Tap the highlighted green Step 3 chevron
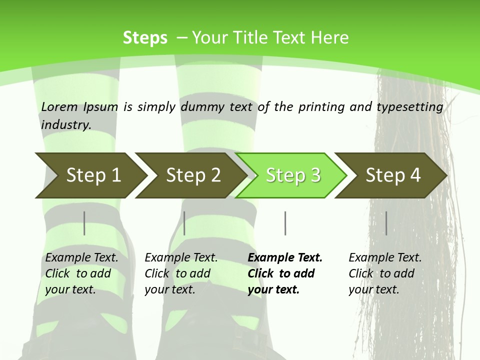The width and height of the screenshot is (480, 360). [x=292, y=175]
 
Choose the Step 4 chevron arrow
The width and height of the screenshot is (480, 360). [x=392, y=175]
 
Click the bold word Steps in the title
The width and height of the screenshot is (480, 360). [x=145, y=38]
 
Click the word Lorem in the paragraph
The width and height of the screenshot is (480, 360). [x=59, y=106]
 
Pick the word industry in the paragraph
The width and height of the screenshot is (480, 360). [x=66, y=124]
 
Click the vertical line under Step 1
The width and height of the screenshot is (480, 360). [x=84, y=223]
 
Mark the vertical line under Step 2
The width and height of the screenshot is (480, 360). [x=184, y=223]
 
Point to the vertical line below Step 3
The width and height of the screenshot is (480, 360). [x=285, y=223]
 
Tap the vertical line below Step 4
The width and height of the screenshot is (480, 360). [x=386, y=223]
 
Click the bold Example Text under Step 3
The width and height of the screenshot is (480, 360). [x=285, y=258]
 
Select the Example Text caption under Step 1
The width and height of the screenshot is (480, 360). [x=81, y=258]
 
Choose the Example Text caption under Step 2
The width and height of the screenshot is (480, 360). [x=181, y=258]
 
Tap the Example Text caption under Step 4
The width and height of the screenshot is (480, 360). [x=385, y=258]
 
